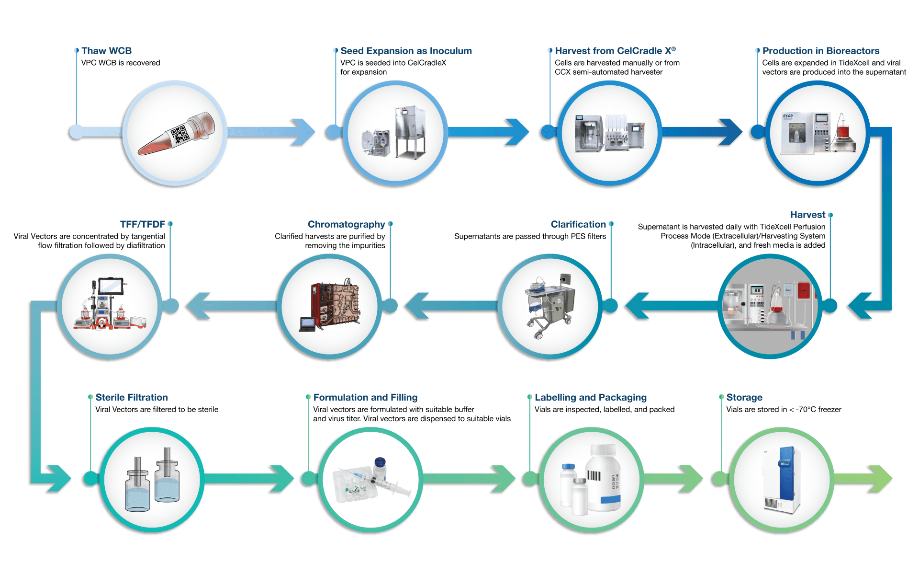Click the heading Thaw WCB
pos(106,51)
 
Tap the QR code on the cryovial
pos(180,134)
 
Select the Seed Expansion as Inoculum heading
pos(406,51)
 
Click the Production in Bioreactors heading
pos(821,51)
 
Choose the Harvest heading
pos(807,215)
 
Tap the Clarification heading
pos(578,224)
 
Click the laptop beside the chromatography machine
pos(307,324)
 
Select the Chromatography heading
pos(346,224)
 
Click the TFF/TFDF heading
pos(142,224)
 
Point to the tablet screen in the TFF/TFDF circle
pos(111,287)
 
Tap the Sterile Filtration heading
pos(132,397)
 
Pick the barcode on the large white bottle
pos(594,476)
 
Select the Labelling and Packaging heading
pos(591,397)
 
